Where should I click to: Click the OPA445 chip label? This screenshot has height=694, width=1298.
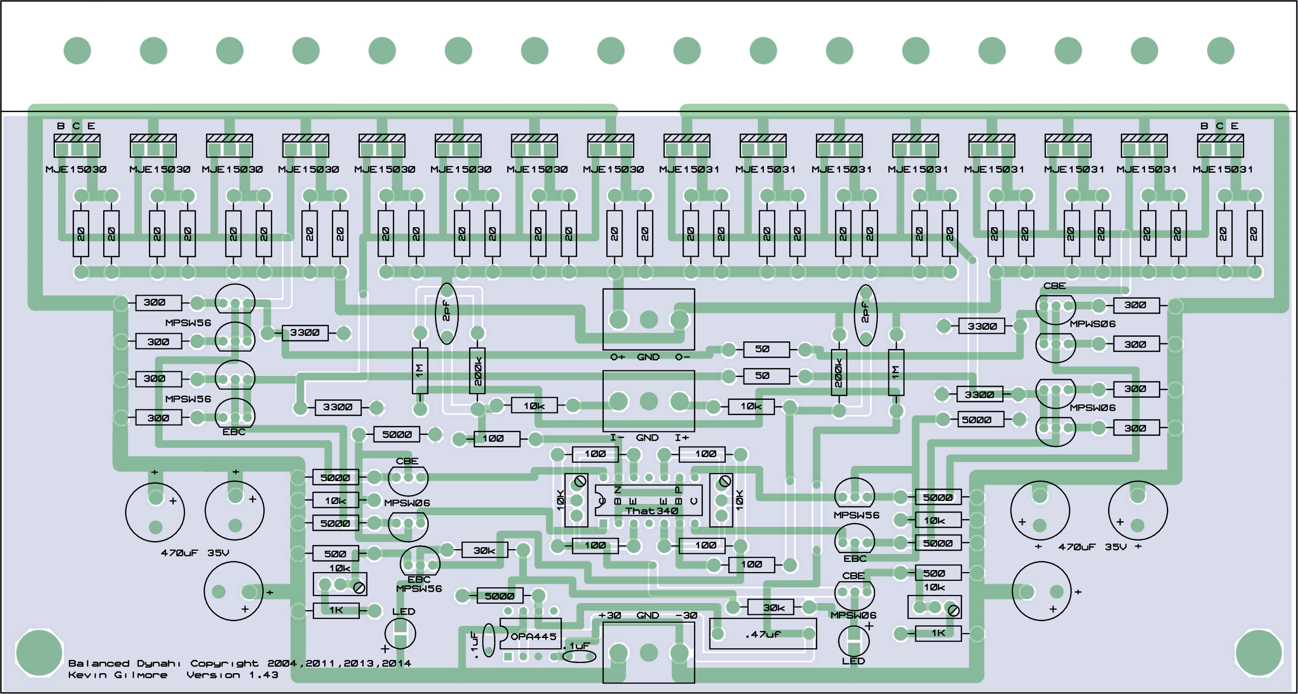(x=534, y=637)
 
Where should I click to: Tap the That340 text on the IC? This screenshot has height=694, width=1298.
(x=652, y=511)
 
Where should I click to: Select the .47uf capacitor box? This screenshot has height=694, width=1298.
(x=763, y=634)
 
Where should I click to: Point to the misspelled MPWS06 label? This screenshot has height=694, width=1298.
(x=1093, y=324)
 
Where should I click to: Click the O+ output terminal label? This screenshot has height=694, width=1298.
(x=617, y=357)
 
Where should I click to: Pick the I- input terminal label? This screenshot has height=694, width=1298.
(x=617, y=437)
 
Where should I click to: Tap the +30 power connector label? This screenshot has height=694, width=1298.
(x=610, y=615)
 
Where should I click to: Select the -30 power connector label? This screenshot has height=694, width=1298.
(x=686, y=615)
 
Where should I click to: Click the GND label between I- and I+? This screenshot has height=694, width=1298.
(x=647, y=437)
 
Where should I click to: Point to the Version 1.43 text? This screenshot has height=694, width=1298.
(x=232, y=675)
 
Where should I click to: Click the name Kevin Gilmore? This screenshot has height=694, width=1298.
(x=118, y=675)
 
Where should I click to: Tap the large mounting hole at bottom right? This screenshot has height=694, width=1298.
(x=1259, y=653)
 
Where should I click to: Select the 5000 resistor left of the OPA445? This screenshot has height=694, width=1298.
(x=500, y=596)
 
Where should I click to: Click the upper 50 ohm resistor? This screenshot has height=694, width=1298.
(x=766, y=349)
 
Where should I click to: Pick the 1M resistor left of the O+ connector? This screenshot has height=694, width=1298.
(x=420, y=370)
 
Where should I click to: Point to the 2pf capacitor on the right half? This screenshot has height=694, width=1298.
(x=866, y=315)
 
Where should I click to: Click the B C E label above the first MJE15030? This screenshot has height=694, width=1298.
(x=76, y=126)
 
